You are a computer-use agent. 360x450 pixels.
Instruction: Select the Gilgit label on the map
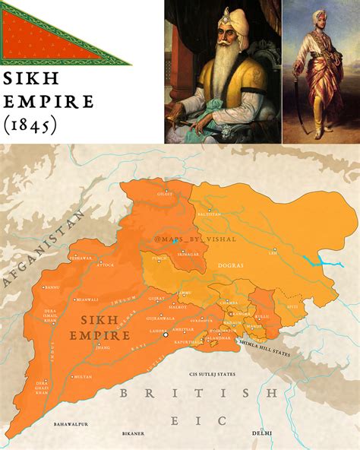click(166, 194)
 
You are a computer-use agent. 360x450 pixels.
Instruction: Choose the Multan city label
click(84, 376)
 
